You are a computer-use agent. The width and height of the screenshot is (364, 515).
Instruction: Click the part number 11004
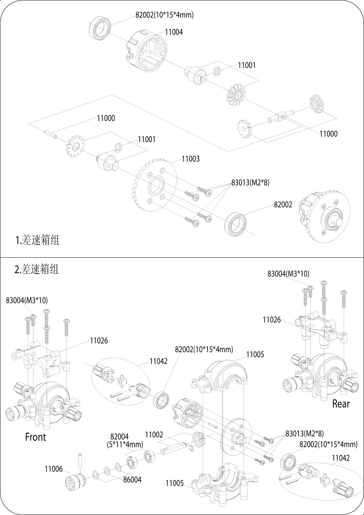[174, 32]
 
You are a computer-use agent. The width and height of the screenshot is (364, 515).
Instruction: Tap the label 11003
[191, 159]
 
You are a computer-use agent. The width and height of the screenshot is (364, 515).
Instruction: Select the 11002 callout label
[154, 435]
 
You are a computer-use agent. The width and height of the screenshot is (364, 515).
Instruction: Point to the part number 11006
[53, 469]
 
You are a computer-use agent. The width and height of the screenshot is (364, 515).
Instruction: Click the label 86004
[132, 480]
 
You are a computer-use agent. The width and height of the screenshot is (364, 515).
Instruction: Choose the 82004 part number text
[119, 437]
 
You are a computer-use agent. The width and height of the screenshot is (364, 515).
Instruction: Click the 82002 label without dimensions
[283, 205]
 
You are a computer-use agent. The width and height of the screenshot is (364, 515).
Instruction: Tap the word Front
[36, 437]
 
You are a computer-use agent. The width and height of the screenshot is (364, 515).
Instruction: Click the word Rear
[341, 404]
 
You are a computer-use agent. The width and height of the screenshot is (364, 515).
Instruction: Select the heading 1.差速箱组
[37, 240]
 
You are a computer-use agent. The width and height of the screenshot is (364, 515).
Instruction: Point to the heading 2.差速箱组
[37, 269]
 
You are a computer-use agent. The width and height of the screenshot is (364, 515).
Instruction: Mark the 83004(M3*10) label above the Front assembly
[27, 300]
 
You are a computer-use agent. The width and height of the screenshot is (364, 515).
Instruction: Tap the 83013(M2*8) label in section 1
[250, 183]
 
